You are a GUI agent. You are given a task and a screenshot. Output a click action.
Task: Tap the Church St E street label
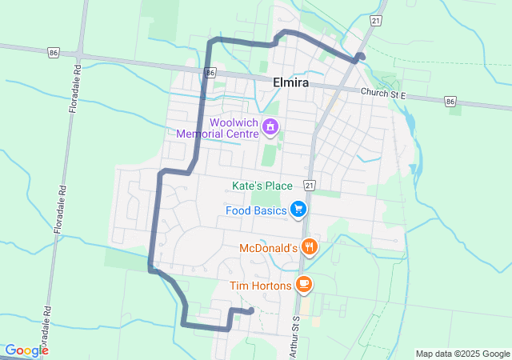point(384,94)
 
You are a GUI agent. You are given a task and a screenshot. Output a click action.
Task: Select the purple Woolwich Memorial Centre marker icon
point(270,126)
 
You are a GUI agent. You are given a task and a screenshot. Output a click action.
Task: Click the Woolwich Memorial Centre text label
point(234,128)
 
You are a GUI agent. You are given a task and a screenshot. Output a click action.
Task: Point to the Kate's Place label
point(262,186)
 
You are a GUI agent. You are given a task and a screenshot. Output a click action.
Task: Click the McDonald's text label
point(269,250)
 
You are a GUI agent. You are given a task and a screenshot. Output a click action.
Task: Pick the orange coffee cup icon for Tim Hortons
point(304,283)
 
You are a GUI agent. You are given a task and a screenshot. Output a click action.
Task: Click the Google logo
point(26,350)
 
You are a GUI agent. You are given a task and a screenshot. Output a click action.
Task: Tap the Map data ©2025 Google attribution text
point(462,354)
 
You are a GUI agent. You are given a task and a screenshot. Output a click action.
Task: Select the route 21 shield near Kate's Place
point(310,186)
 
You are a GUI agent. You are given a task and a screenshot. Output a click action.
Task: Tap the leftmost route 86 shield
point(53,52)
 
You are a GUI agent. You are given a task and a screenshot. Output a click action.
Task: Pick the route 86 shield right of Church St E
point(450,102)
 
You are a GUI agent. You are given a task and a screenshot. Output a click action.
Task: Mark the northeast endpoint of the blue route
point(362,56)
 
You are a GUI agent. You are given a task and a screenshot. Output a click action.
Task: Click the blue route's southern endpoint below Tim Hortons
point(251,310)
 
